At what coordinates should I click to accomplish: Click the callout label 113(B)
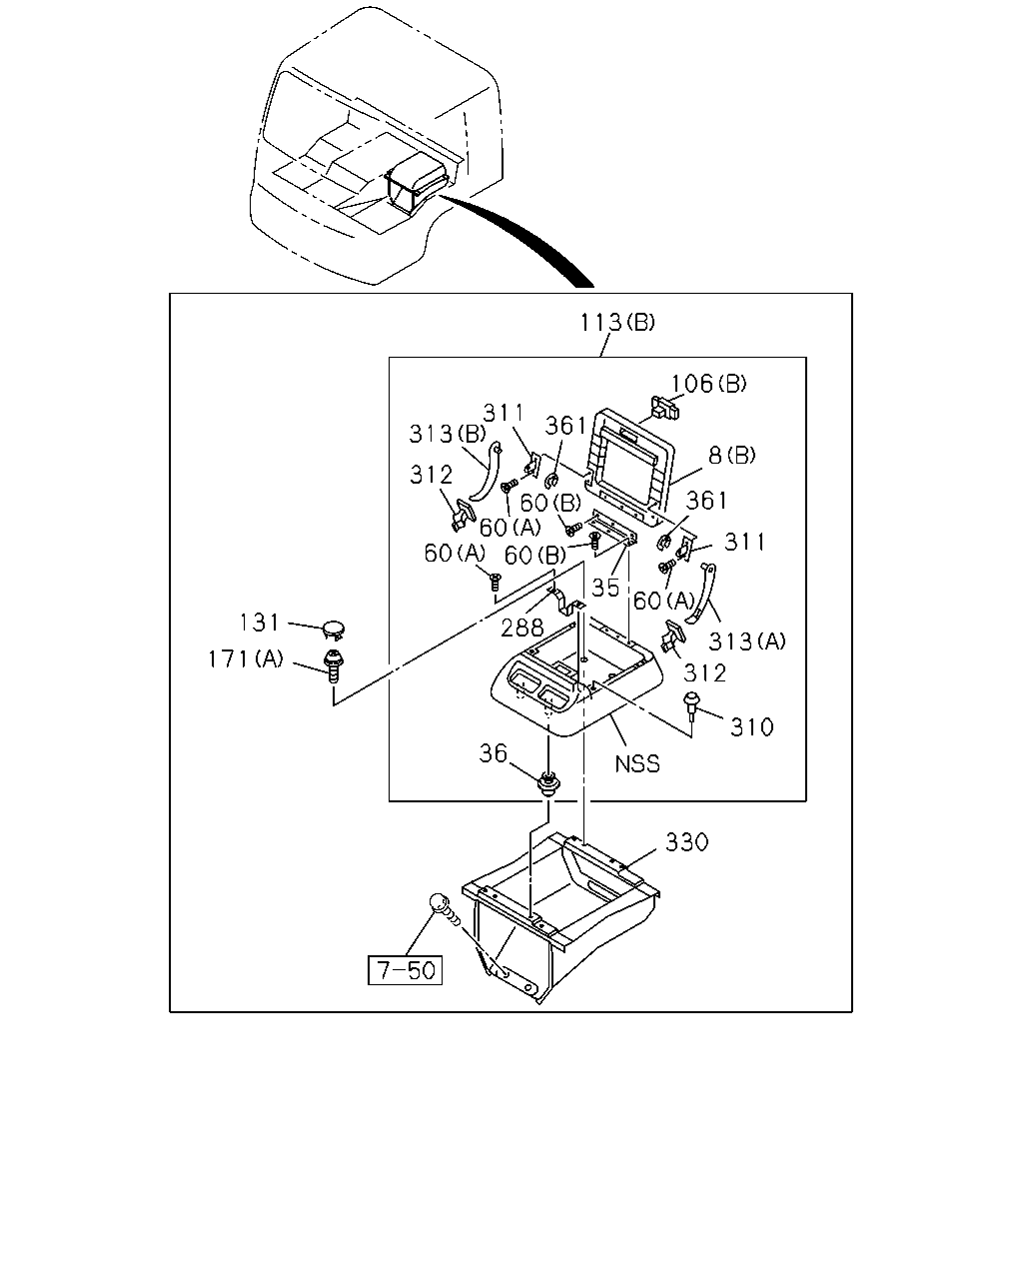(617, 323)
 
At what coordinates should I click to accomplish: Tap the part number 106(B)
(708, 384)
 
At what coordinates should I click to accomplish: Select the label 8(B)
(731, 456)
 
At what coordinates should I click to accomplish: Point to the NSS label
(637, 763)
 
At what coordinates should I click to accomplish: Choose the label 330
(686, 842)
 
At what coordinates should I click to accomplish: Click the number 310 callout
(751, 727)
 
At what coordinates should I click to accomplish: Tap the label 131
(259, 623)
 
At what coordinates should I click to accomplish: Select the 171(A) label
(246, 659)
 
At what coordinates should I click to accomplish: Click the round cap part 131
(334, 630)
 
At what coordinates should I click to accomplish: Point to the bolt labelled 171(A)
(334, 666)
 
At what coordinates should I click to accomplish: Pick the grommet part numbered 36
(548, 782)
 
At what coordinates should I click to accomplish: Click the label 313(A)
(747, 641)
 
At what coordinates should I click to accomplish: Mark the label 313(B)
(447, 434)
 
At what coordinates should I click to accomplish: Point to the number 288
(521, 628)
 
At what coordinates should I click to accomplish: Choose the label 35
(605, 588)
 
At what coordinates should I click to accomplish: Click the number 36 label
(493, 753)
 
